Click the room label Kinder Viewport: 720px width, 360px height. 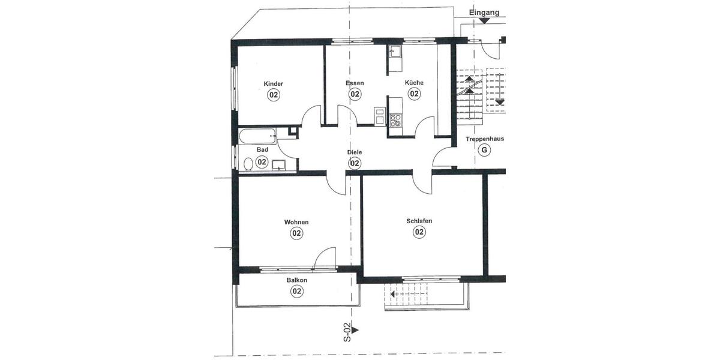[x=273, y=83]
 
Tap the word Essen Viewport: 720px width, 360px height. [x=355, y=83]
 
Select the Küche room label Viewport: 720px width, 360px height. [x=414, y=83]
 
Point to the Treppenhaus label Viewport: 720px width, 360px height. [x=484, y=139]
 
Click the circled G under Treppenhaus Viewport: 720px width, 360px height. [x=484, y=150]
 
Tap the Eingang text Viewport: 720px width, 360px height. [x=484, y=12]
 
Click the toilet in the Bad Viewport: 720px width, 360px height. [x=247, y=163]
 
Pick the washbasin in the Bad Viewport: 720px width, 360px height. [x=279, y=166]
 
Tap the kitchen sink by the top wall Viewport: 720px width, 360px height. [x=395, y=53]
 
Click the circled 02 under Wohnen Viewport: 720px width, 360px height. [x=296, y=233]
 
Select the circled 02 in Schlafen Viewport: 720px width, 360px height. [x=419, y=232]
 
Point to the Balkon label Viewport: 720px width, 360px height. [x=296, y=280]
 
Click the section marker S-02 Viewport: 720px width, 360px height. [x=347, y=331]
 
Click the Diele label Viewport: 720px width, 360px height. [x=355, y=152]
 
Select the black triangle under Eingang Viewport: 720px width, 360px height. [x=484, y=21]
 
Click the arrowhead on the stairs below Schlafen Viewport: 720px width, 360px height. [x=392, y=294]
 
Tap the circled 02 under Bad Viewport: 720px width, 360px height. [x=262, y=161]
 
